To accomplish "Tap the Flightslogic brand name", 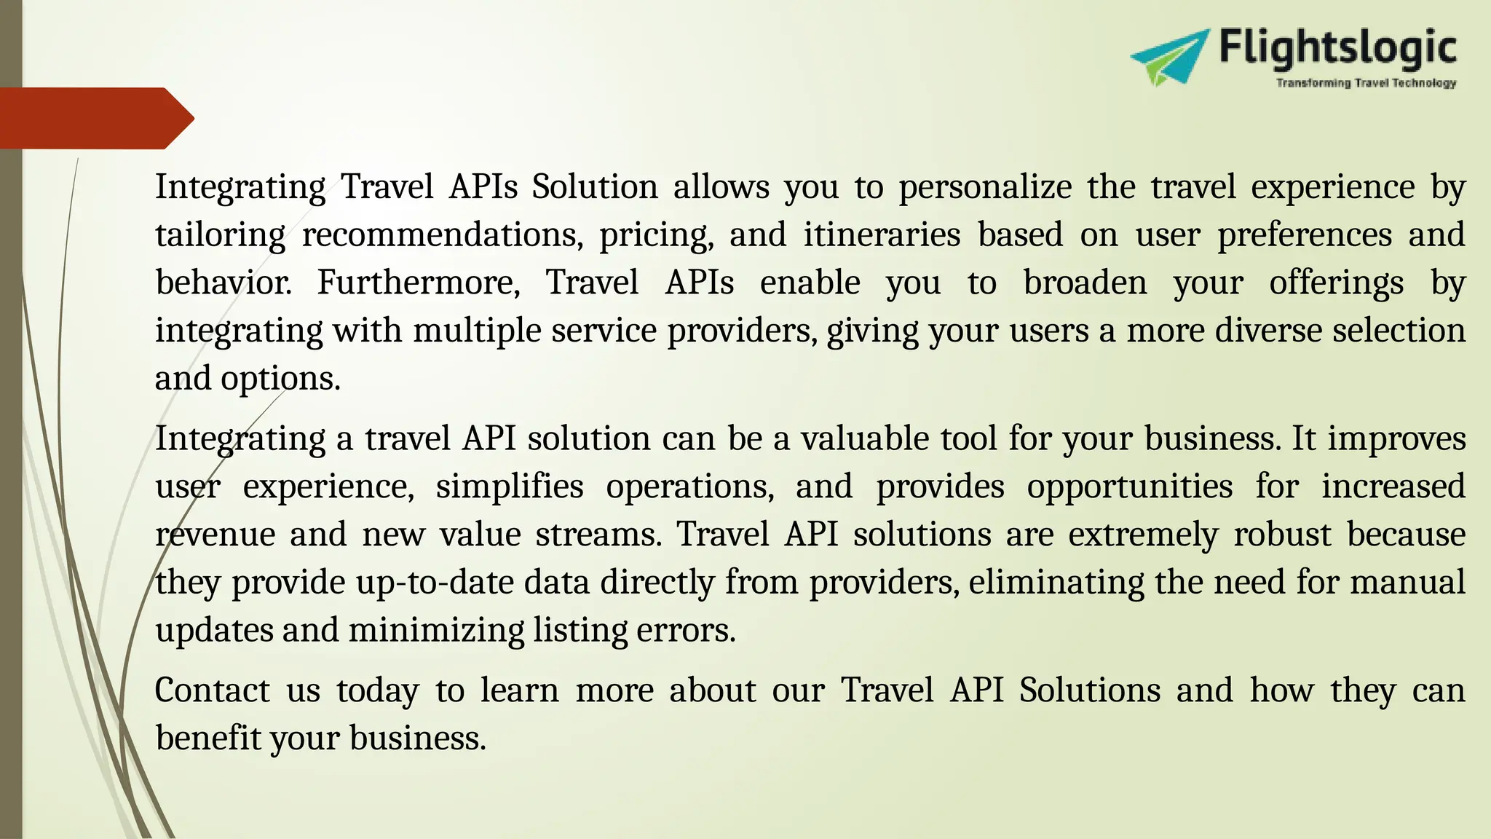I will [1338, 48].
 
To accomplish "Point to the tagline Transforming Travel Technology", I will [1366, 84].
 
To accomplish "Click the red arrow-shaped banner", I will [95, 118].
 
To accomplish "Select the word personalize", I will [985, 187].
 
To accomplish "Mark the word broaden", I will [1085, 283].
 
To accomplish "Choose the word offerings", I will [1336, 283].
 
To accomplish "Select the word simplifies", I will [510, 487].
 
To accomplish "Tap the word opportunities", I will [1130, 487].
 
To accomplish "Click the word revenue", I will [215, 535].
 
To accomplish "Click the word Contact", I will [213, 690].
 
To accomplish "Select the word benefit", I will [207, 738].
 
